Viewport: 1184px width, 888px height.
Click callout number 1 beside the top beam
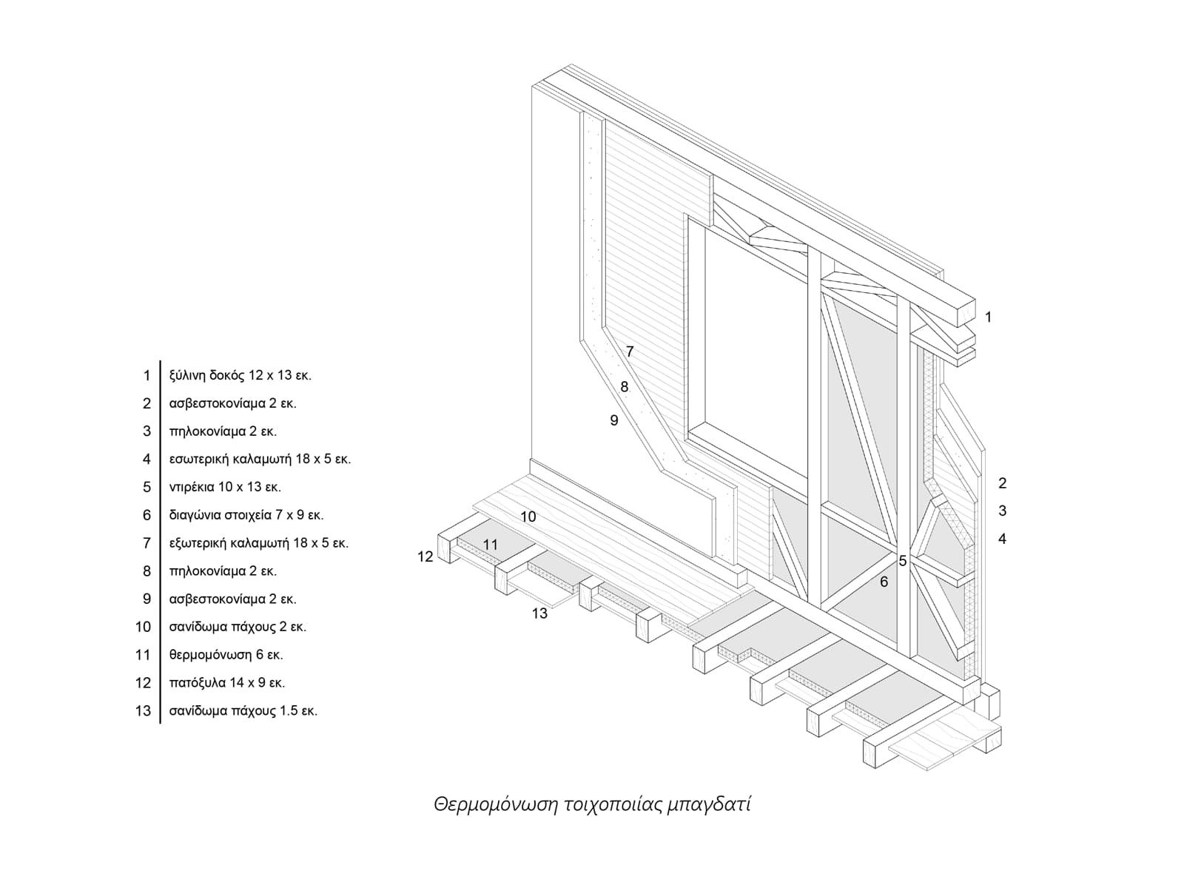click(988, 317)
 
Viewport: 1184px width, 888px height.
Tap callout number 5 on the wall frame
click(903, 561)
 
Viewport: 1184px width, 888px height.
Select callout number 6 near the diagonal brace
click(884, 582)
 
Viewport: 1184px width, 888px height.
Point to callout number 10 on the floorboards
click(528, 517)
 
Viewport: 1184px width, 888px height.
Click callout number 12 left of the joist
click(425, 556)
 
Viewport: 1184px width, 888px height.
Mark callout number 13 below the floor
click(539, 613)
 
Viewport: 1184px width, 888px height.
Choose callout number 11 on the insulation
click(491, 545)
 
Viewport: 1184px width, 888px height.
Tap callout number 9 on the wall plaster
click(613, 420)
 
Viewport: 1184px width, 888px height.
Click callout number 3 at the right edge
click(1003, 511)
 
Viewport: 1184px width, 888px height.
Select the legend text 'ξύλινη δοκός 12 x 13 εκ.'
click(240, 375)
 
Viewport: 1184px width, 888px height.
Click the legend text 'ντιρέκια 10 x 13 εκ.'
click(225, 487)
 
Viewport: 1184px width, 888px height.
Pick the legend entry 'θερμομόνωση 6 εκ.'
click(226, 655)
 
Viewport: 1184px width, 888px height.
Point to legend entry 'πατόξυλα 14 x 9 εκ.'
click(226, 683)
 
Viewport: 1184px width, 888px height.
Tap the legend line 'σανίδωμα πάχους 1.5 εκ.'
click(243, 711)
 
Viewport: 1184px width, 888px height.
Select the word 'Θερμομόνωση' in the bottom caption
click(494, 804)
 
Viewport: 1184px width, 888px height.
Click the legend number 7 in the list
click(147, 543)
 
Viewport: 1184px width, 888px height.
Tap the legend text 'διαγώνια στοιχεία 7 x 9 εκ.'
click(246, 515)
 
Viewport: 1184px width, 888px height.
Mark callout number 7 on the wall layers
click(630, 352)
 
